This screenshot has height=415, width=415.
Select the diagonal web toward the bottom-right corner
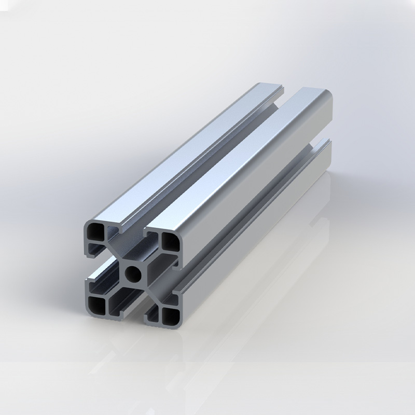(x=154, y=295)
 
